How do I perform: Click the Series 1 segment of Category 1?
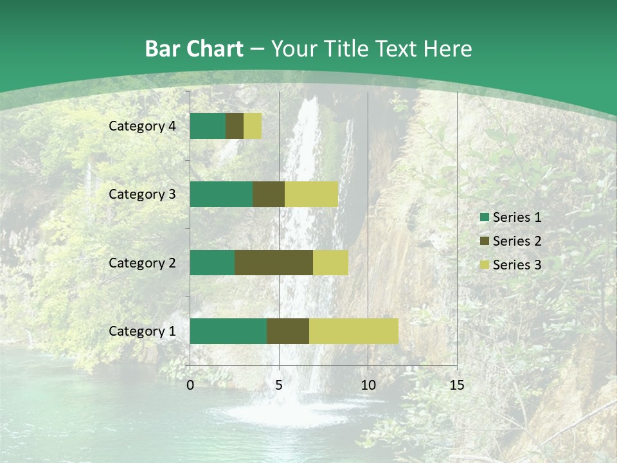[228, 331]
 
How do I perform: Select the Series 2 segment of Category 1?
[288, 331]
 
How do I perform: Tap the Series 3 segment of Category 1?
[353, 331]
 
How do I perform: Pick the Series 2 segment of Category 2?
[274, 262]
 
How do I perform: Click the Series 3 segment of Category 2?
[330, 262]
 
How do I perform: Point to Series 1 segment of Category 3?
[221, 194]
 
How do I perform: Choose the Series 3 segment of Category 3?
[311, 194]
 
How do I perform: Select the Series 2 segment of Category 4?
[235, 126]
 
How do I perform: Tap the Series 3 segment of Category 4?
[253, 126]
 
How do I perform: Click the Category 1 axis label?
[142, 331]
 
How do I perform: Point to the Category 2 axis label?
[142, 262]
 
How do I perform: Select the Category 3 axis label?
[142, 194]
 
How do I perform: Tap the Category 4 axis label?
[142, 126]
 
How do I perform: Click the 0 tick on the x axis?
[190, 385]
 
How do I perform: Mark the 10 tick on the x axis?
[368, 385]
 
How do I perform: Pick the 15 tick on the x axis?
[456, 385]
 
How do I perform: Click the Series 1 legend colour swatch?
[484, 217]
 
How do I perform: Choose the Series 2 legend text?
[517, 241]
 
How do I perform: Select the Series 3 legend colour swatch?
[484, 265]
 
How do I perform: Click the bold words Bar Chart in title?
[193, 48]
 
